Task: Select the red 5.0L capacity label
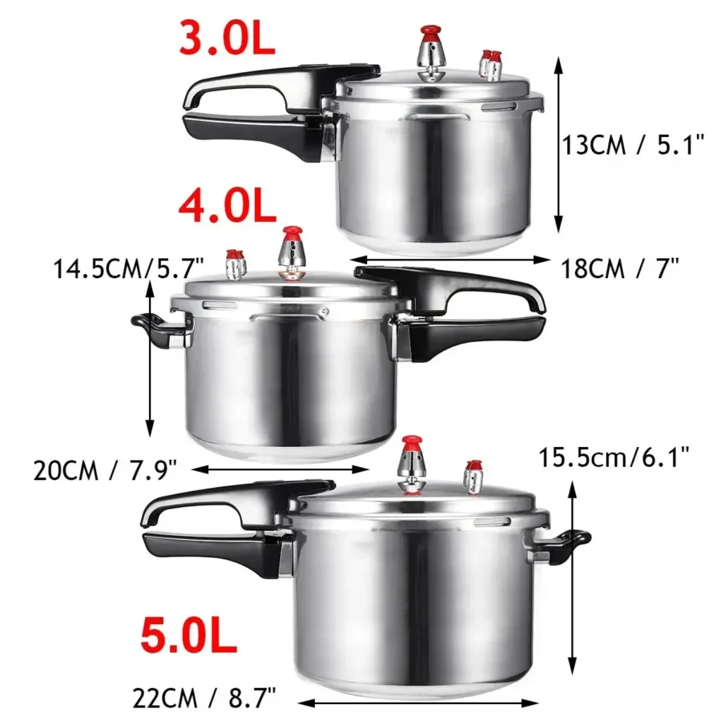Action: pos(188,636)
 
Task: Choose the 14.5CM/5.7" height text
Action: pos(129,266)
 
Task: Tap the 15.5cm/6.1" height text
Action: pos(614,457)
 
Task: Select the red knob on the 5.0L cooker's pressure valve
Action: pos(413,443)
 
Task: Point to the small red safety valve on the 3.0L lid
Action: pos(490,58)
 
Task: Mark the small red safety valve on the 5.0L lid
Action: pos(473,466)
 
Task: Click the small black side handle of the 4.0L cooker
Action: pos(152,327)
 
